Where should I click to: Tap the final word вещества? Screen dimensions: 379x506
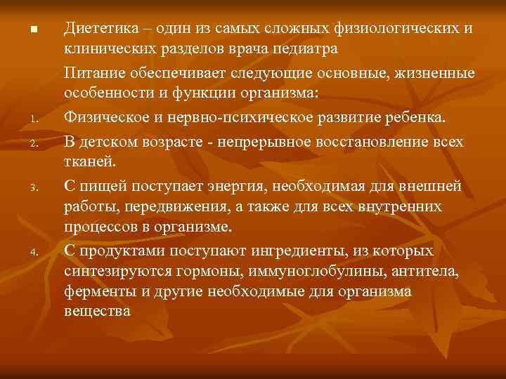(97, 312)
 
